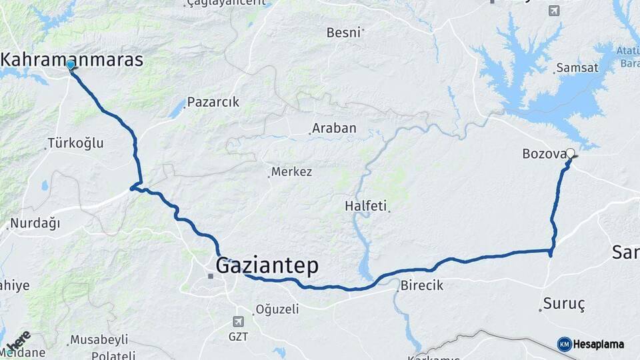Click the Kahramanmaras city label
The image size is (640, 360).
coord(72,59)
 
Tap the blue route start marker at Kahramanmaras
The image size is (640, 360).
coord(70,65)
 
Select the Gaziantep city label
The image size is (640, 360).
coord(267,265)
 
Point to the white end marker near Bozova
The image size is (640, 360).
coord(570,153)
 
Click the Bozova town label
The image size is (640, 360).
coord(544,155)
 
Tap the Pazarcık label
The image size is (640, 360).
coord(213,103)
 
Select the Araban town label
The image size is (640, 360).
coord(334,128)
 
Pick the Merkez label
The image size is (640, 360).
coord(292,172)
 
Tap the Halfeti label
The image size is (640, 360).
coord(365,206)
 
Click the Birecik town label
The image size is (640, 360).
coord(422,285)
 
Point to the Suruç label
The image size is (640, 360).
coord(564,305)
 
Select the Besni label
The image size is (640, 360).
coord(343,32)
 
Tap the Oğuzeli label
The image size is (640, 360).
coord(277,309)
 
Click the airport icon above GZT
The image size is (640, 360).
coord(239,323)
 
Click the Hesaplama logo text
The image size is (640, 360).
coord(599,345)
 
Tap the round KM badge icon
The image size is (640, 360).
coord(564,345)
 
